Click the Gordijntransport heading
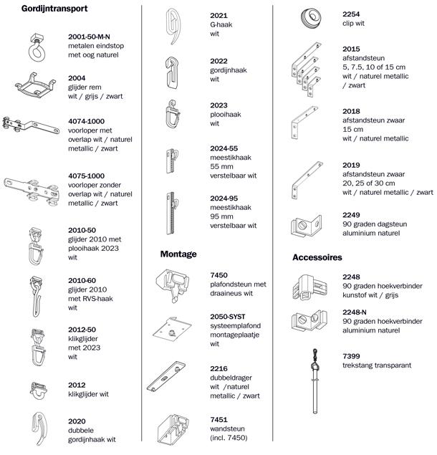[54, 9]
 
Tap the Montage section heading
[178, 254]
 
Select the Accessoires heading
[317, 257]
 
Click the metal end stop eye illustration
[37, 48]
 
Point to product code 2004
[77, 78]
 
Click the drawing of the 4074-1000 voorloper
[31, 126]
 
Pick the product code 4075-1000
[86, 176]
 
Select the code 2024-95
[224, 198]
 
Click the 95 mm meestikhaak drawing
[172, 213]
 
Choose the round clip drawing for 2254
[311, 19]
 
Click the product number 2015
[351, 49]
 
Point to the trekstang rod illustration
[315, 381]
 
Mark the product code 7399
[351, 356]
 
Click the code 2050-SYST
[228, 317]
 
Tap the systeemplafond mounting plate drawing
[172, 330]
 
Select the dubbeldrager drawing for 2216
[166, 377]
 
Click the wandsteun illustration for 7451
[173, 428]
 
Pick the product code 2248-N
[355, 312]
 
